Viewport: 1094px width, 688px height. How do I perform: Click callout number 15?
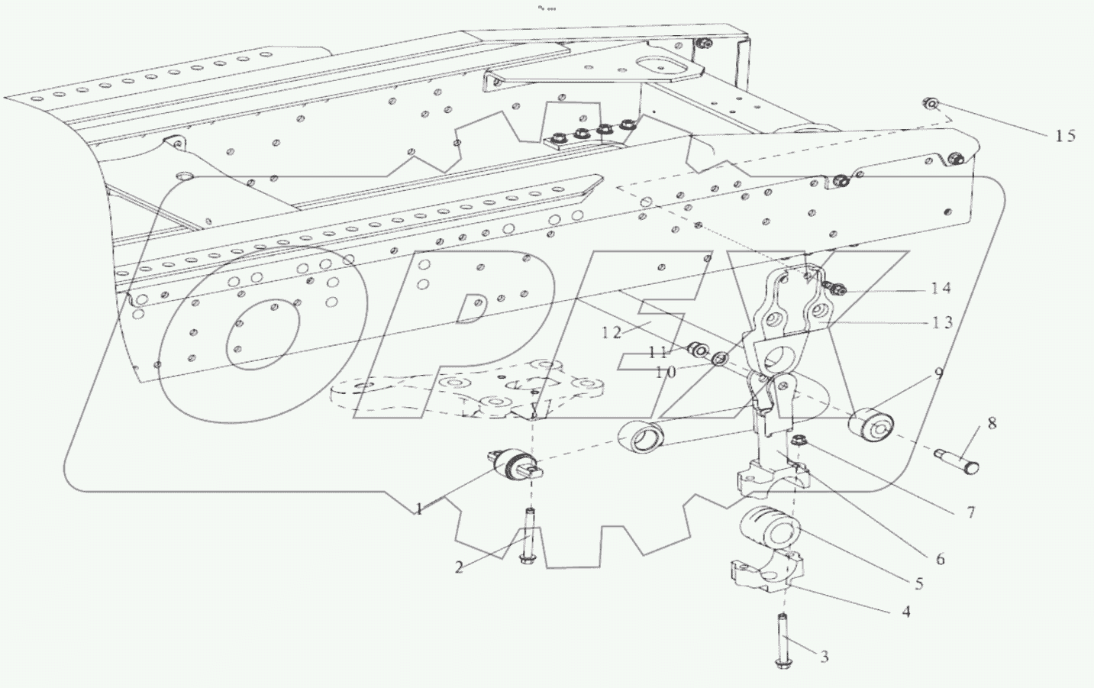pyautogui.click(x=1065, y=136)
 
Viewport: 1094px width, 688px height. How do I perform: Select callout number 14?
pyautogui.click(x=941, y=288)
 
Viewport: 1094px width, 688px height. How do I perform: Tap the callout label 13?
pyautogui.click(x=942, y=322)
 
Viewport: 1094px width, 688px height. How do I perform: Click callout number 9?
pyautogui.click(x=937, y=373)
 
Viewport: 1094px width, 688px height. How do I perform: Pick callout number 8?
pyautogui.click(x=991, y=422)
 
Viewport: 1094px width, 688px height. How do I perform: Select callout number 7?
pyautogui.click(x=970, y=512)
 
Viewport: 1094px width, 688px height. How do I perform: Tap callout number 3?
pyautogui.click(x=824, y=656)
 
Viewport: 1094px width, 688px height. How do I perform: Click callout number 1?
pyautogui.click(x=418, y=509)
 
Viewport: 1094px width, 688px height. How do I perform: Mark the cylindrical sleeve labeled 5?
pyautogui.click(x=770, y=527)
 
